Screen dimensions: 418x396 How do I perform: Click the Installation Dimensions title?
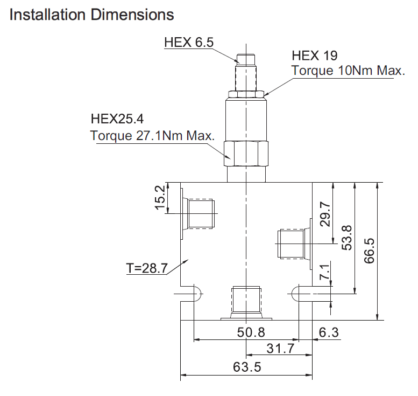(x=91, y=15)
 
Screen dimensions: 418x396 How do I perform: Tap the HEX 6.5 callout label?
(x=189, y=43)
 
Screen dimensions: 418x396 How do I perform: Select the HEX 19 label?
(x=315, y=55)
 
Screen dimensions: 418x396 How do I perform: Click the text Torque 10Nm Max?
(x=348, y=71)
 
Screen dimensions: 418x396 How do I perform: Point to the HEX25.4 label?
(x=117, y=119)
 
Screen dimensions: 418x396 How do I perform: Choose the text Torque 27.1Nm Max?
(x=152, y=135)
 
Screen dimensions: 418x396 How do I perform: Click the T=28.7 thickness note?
(x=147, y=268)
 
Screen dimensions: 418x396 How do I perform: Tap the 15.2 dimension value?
(x=160, y=198)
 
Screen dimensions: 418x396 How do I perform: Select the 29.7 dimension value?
(x=325, y=214)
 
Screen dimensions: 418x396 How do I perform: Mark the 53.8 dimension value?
(x=347, y=238)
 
